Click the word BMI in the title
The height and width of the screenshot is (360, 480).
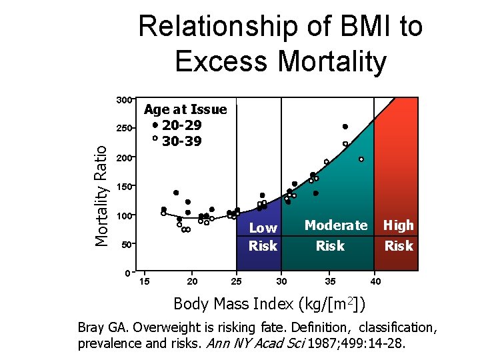(x=364, y=27)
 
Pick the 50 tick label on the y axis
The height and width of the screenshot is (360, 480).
(x=125, y=245)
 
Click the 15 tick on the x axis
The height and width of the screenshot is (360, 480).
(x=144, y=281)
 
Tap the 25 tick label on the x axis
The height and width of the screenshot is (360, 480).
(x=235, y=281)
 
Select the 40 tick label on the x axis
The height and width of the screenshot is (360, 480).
(x=375, y=281)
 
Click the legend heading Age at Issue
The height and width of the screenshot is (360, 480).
(x=185, y=109)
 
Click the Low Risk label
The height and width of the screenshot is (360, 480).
(x=263, y=237)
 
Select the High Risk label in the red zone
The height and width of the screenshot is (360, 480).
(x=399, y=235)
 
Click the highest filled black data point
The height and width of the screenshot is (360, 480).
(x=345, y=127)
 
